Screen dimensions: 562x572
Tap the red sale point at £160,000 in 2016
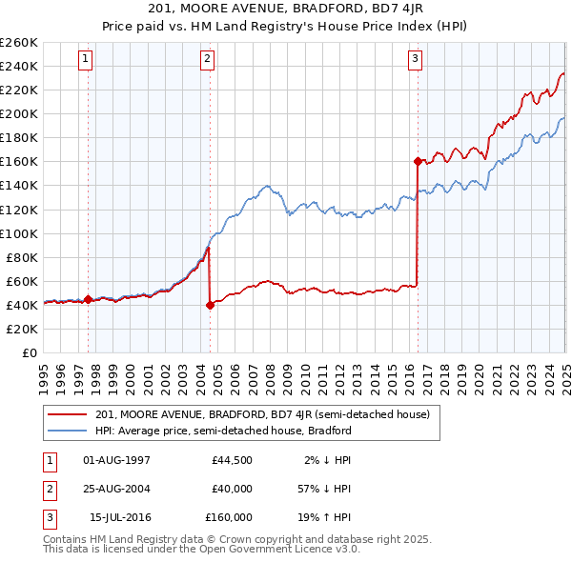click(x=418, y=161)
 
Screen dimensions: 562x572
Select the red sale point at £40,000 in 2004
click(x=210, y=305)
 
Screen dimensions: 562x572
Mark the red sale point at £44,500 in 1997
click(x=88, y=299)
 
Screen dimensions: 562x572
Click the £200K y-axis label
click(x=19, y=113)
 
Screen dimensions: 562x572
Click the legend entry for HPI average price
click(x=224, y=431)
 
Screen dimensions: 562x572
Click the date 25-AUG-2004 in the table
click(x=117, y=489)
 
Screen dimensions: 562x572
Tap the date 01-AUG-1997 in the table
click(x=117, y=460)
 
